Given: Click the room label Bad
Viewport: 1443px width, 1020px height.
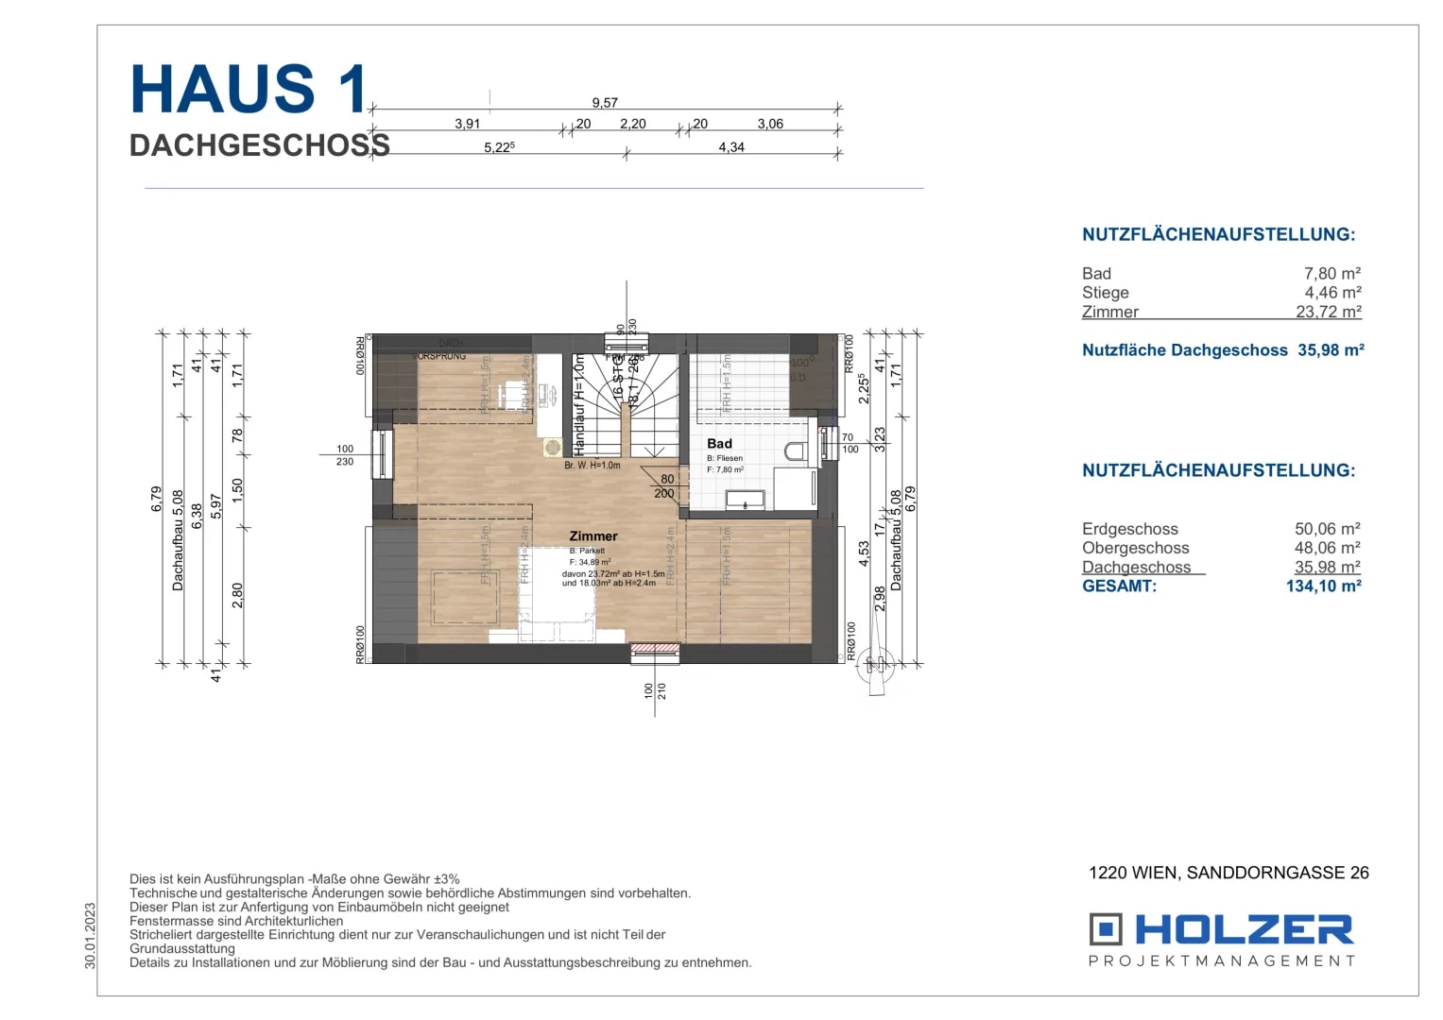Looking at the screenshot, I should click(x=719, y=444).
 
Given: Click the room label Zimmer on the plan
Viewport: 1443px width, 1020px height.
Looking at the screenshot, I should click(x=593, y=536).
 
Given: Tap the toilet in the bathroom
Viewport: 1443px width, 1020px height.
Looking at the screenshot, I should click(x=796, y=451).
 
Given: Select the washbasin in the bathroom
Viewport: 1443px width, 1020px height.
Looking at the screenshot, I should click(x=745, y=500).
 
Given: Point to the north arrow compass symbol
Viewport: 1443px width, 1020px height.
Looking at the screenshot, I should click(x=875, y=667).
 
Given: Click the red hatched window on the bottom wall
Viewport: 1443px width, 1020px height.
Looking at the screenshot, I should click(x=655, y=649).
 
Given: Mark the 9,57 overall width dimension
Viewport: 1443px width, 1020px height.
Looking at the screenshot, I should click(x=605, y=103).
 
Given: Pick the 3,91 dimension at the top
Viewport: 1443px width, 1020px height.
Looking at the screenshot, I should click(x=467, y=124).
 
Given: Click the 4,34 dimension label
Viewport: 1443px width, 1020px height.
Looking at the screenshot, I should click(x=730, y=147).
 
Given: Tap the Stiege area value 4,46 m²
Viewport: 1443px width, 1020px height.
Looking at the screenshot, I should click(x=1332, y=293).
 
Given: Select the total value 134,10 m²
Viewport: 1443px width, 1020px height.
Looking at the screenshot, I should click(x=1323, y=586).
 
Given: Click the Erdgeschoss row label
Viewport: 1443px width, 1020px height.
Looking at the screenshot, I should click(x=1129, y=529).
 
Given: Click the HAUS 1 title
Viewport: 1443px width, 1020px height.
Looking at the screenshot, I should click(x=249, y=90).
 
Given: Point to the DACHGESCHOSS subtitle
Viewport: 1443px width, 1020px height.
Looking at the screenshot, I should click(x=259, y=145).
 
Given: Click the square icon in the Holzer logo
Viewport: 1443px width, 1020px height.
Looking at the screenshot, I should click(x=1105, y=929).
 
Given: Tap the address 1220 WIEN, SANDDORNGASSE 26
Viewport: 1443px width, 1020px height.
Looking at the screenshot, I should click(x=1228, y=873).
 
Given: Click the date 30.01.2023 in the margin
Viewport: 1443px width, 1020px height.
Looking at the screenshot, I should click(x=90, y=935).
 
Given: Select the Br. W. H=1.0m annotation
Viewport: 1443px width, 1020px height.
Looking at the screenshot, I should click(x=592, y=466).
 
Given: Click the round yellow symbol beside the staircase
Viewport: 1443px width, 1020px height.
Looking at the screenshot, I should click(x=552, y=447).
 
